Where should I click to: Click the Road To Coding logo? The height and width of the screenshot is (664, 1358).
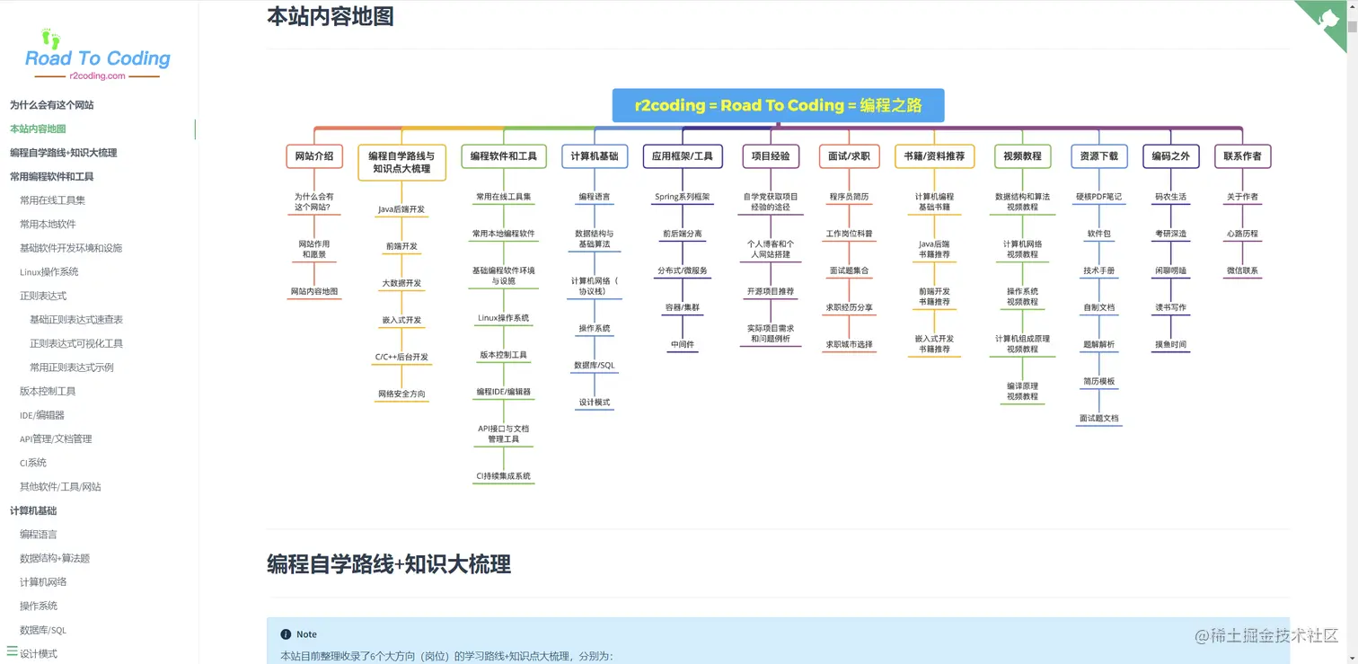pyautogui.click(x=97, y=56)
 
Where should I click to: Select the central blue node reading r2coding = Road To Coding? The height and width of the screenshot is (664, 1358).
pyautogui.click(x=778, y=105)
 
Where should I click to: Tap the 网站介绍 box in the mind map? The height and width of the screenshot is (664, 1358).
pyautogui.click(x=314, y=156)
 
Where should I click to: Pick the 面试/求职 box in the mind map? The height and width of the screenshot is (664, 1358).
pyautogui.click(x=849, y=156)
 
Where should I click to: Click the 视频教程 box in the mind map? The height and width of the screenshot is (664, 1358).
pyautogui.click(x=1022, y=156)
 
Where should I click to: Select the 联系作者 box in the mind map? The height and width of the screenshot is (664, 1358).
pyautogui.click(x=1242, y=156)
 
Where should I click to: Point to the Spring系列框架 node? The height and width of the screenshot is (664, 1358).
pyautogui.click(x=682, y=197)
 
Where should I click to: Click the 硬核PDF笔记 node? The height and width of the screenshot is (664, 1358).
pyautogui.click(x=1098, y=197)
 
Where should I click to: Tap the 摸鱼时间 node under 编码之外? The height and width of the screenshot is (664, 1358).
pyautogui.click(x=1170, y=344)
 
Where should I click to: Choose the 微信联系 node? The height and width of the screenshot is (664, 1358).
pyautogui.click(x=1242, y=270)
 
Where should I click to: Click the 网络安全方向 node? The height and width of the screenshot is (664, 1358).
pyautogui.click(x=401, y=394)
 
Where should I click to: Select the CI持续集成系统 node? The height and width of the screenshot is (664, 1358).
pyautogui.click(x=503, y=476)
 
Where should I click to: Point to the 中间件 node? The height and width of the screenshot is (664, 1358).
pyautogui.click(x=682, y=344)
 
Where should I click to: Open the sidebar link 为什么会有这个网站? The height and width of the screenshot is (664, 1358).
pyautogui.click(x=52, y=105)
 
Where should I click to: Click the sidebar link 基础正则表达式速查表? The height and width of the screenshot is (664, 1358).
pyautogui.click(x=76, y=320)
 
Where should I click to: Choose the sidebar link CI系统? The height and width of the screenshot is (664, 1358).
pyautogui.click(x=33, y=463)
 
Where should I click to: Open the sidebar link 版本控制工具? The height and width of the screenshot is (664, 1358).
pyautogui.click(x=48, y=391)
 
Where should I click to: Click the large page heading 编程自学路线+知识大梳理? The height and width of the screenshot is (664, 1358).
pyautogui.click(x=389, y=564)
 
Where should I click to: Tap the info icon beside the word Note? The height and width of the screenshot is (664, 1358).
pyautogui.click(x=286, y=634)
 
